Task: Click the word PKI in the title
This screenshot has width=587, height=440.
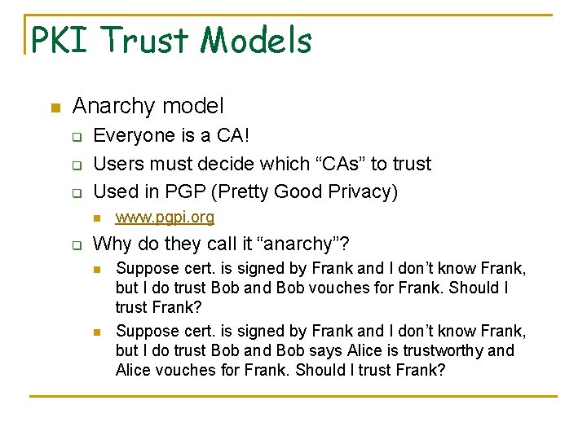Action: [60, 40]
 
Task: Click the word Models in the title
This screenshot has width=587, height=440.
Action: [258, 40]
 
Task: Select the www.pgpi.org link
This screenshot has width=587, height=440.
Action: [165, 217]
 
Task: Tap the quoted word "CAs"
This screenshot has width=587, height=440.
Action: [339, 163]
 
